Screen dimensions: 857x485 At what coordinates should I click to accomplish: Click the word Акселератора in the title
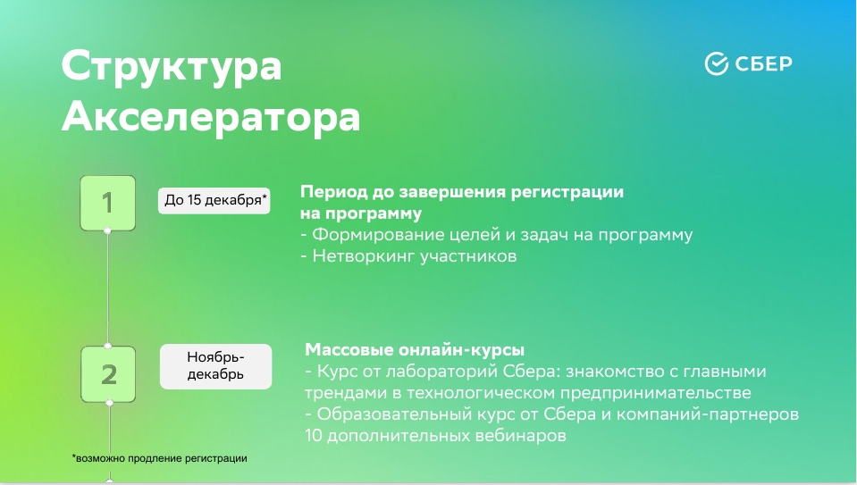pyautogui.click(x=211, y=116)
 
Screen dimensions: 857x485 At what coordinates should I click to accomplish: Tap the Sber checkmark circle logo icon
pyautogui.click(x=717, y=63)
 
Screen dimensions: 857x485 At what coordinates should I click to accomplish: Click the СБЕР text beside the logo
pyautogui.click(x=763, y=64)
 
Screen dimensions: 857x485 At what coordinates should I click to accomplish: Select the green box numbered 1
pyautogui.click(x=107, y=203)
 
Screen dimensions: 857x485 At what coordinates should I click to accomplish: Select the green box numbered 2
pyautogui.click(x=108, y=374)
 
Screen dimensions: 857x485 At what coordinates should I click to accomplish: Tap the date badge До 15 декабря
pyautogui.click(x=214, y=200)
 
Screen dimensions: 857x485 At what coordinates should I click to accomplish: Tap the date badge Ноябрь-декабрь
pyautogui.click(x=215, y=366)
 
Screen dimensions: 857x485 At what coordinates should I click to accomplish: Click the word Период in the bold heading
pyautogui.click(x=333, y=192)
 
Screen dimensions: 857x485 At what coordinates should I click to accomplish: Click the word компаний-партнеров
pyautogui.click(x=708, y=414)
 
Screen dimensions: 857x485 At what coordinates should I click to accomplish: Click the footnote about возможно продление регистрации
pyautogui.click(x=160, y=459)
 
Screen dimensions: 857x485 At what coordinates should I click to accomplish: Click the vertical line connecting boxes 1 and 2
pyautogui.click(x=107, y=288)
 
